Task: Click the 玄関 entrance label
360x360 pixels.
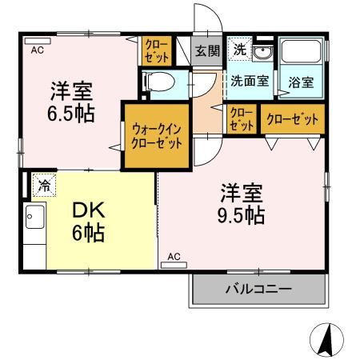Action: point(206,50)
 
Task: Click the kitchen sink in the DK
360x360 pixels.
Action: point(34,217)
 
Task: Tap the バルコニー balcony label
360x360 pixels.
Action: point(258,289)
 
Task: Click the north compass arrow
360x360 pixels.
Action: point(326,340)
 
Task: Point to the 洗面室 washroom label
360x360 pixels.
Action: point(250,81)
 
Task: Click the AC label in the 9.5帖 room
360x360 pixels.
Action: point(175,257)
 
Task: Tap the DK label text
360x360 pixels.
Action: point(90,210)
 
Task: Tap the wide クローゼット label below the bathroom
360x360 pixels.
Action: point(292,119)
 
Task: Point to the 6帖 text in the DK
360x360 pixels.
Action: point(90,234)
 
